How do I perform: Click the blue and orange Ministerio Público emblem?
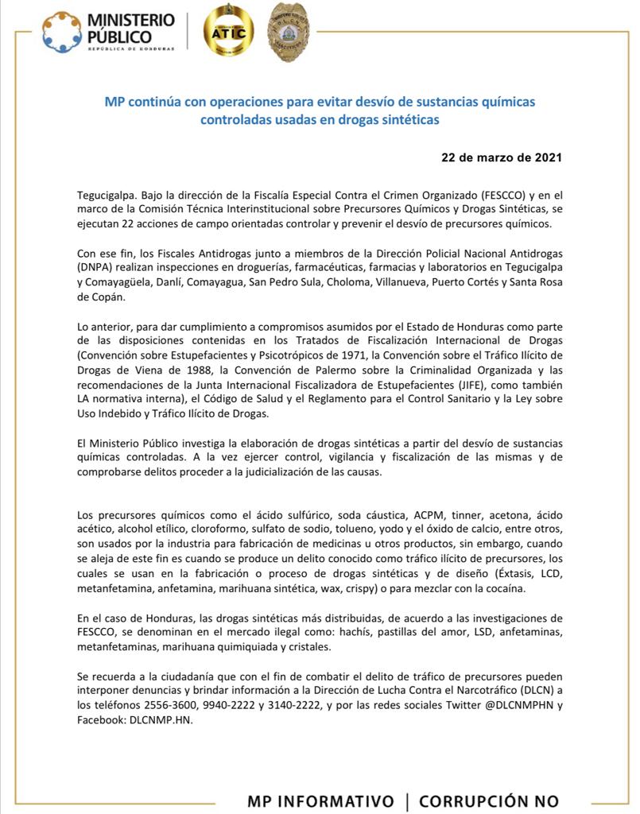click(61, 33)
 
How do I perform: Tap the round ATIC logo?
click(229, 32)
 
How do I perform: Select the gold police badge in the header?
click(289, 32)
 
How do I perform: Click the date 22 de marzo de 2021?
click(501, 157)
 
